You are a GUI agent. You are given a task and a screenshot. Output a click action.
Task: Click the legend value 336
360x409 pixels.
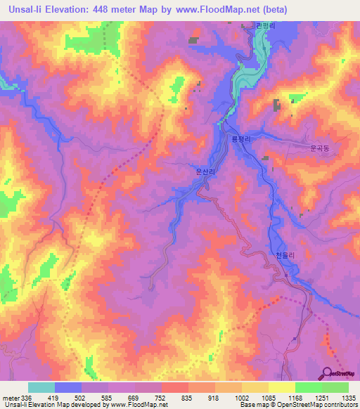tap(27, 398)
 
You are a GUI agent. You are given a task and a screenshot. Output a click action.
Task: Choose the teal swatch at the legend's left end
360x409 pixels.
tap(41, 387)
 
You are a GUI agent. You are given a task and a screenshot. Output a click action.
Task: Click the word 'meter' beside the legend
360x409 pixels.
tap(11, 398)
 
